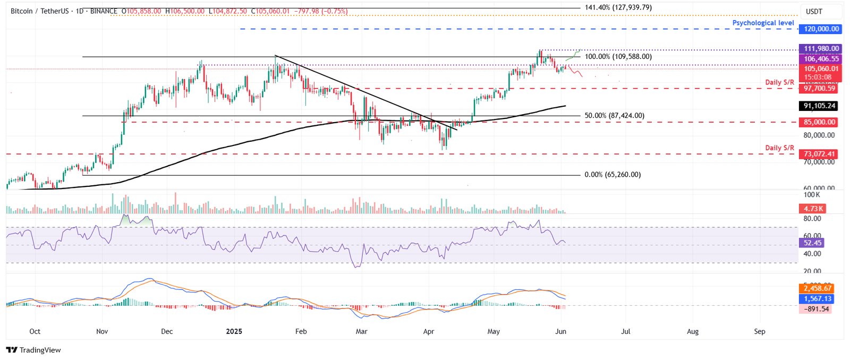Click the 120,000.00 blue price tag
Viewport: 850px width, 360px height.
tap(821, 29)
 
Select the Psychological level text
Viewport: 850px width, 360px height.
tap(763, 23)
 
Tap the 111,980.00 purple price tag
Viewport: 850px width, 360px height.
tap(821, 48)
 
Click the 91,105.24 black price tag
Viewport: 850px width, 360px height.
tap(819, 106)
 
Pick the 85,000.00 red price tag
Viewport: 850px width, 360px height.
tap(819, 122)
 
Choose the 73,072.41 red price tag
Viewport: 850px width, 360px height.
tap(819, 155)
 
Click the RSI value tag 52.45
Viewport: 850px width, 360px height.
tap(812, 243)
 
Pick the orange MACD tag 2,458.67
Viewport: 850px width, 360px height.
tap(817, 288)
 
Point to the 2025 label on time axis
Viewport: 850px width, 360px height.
tap(234, 331)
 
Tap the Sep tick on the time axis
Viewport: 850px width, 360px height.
tap(760, 331)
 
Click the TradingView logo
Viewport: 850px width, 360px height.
tap(33, 350)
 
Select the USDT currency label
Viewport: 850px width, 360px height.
tap(814, 12)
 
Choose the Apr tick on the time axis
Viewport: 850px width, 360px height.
tap(429, 331)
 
